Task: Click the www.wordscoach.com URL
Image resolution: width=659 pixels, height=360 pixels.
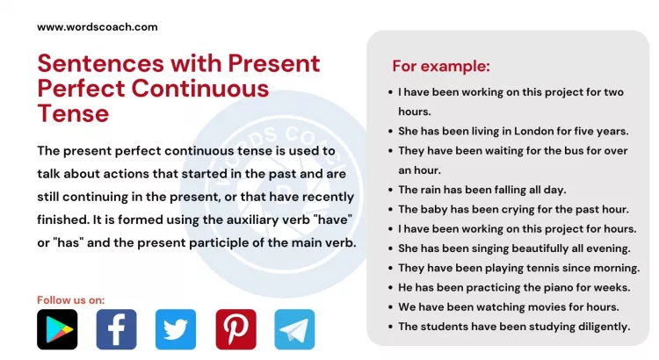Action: (x=97, y=26)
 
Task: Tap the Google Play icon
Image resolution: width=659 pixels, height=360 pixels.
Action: (x=57, y=329)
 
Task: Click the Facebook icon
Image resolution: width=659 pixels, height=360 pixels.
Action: (x=116, y=329)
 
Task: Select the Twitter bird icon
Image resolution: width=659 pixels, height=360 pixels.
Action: (x=176, y=329)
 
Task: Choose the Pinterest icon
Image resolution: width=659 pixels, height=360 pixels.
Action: (x=235, y=329)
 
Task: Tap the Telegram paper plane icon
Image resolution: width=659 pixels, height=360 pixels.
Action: (x=294, y=329)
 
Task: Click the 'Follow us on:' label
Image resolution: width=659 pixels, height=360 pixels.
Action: (x=70, y=300)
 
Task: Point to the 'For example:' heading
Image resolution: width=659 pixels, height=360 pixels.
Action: (x=440, y=66)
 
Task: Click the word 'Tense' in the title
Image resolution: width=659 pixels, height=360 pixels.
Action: (x=73, y=113)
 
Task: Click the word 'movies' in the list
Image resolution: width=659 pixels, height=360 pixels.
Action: (x=547, y=306)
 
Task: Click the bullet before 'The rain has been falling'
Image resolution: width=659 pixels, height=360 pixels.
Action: (x=389, y=190)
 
